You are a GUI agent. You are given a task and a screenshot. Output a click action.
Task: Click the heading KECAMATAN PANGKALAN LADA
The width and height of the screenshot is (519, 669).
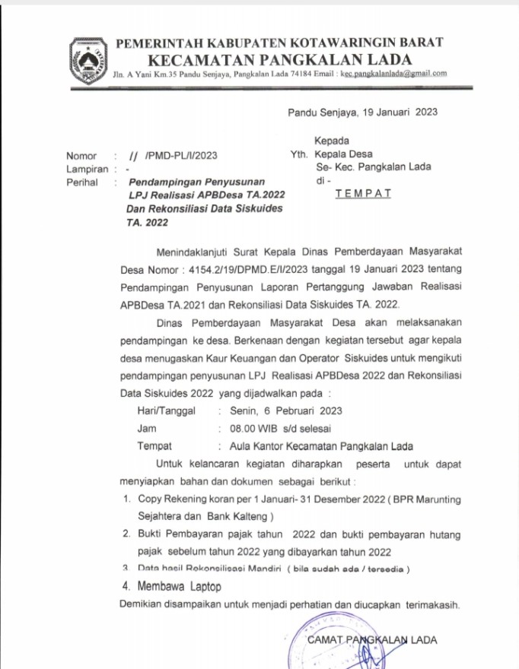(280, 59)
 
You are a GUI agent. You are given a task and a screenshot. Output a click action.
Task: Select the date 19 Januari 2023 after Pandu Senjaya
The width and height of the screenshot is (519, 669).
(397, 113)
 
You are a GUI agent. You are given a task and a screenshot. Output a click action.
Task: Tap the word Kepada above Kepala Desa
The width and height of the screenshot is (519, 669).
(332, 141)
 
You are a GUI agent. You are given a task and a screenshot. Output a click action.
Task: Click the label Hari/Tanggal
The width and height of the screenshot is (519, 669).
(166, 411)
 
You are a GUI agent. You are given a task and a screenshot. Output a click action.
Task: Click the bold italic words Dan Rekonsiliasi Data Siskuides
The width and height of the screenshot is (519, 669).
(205, 209)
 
